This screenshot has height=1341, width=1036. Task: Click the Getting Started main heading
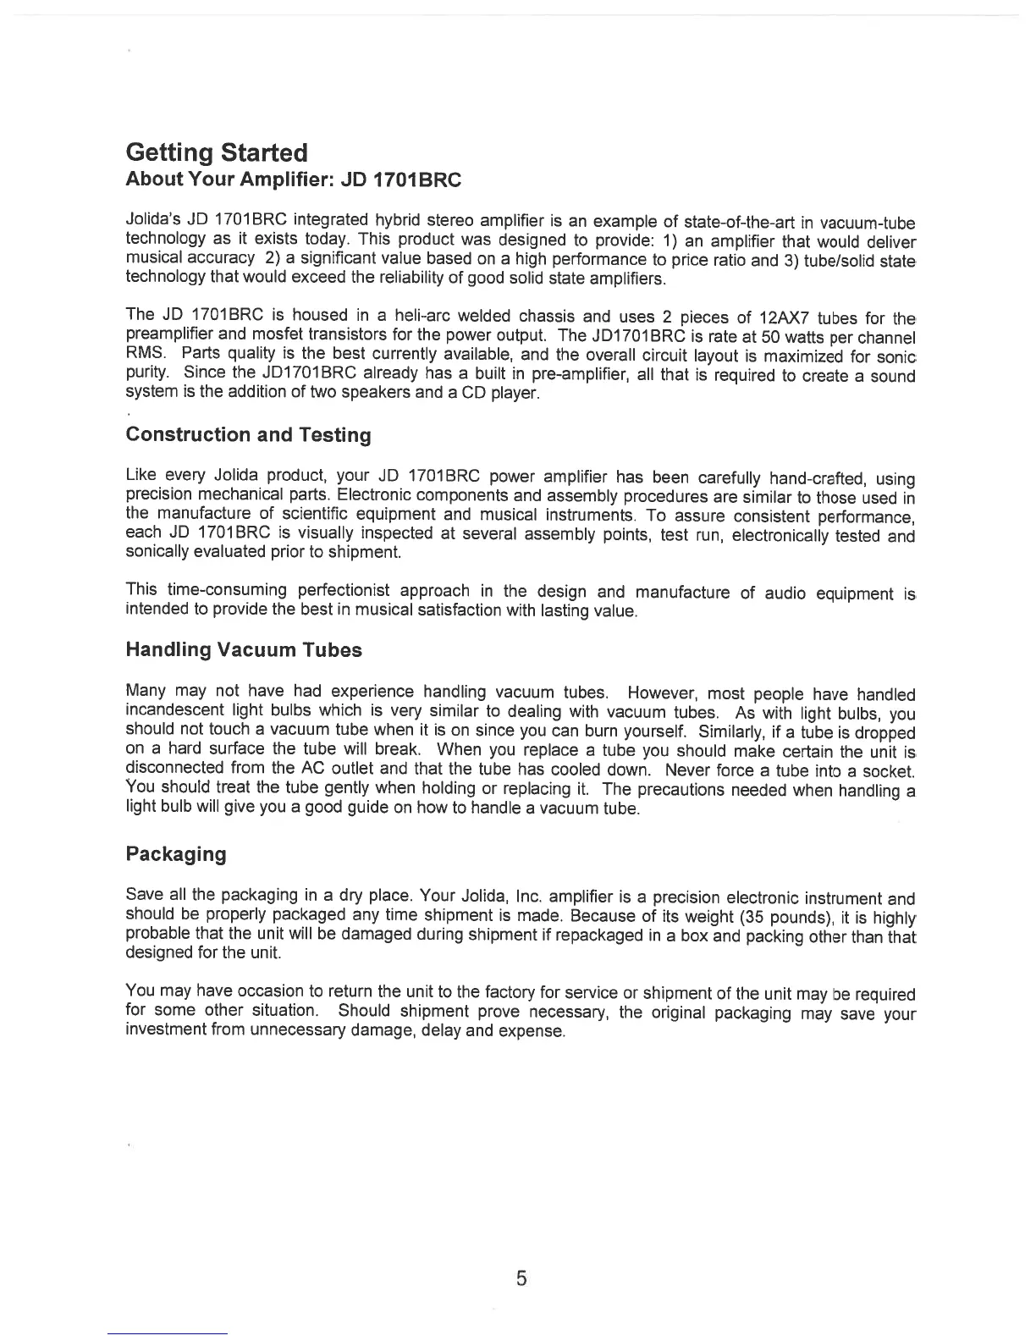[x=216, y=153]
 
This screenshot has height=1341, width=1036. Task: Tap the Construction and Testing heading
[x=248, y=435]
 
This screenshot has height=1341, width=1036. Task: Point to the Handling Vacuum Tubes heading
[x=243, y=650]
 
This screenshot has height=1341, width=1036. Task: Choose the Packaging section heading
[x=175, y=853]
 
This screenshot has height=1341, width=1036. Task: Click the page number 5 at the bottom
[x=521, y=1278]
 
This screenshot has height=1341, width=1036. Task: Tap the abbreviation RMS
[x=142, y=355]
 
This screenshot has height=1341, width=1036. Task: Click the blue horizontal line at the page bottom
[x=168, y=1333]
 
